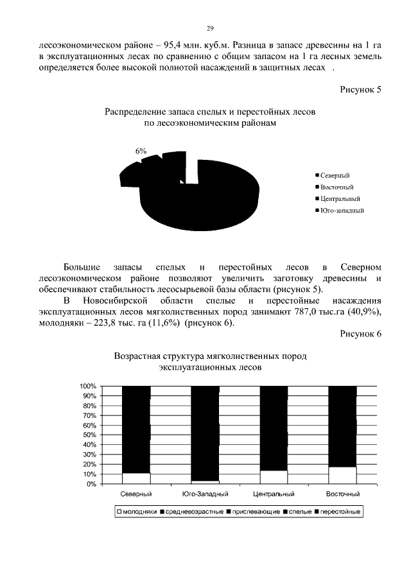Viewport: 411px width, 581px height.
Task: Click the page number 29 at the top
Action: pyautogui.click(x=209, y=28)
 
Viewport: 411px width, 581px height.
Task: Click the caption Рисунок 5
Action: pyautogui.click(x=360, y=89)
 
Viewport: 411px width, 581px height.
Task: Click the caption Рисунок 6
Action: pyautogui.click(x=360, y=334)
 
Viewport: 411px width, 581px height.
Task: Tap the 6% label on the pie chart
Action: pyautogui.click(x=141, y=150)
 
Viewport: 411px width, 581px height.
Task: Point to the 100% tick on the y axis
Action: pyautogui.click(x=87, y=386)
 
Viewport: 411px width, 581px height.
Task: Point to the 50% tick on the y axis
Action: pyautogui.click(x=89, y=435)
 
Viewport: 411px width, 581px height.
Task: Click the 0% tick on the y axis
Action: pyautogui.click(x=91, y=484)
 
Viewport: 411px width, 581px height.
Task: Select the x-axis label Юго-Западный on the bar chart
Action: pyautogui.click(x=205, y=495)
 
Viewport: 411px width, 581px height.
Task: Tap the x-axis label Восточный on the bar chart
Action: pyautogui.click(x=342, y=495)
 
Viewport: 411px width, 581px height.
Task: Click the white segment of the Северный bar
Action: pyautogui.click(x=136, y=478)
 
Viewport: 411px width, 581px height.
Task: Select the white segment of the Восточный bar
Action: pyautogui.click(x=342, y=475)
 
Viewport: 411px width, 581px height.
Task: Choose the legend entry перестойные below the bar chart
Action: pyautogui.click(x=340, y=512)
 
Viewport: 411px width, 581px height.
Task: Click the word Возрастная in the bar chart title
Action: pyautogui.click(x=137, y=356)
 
